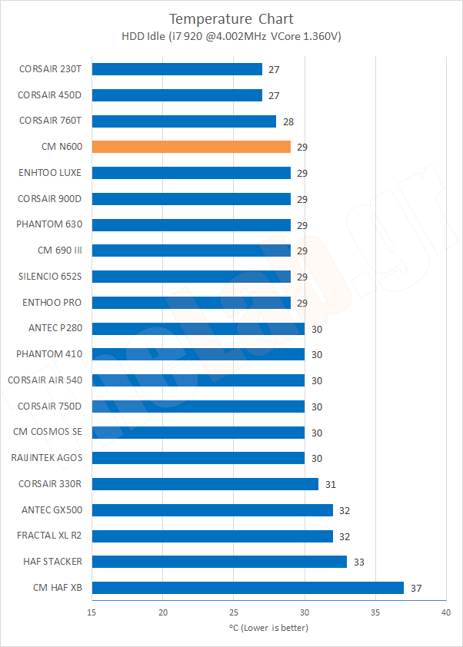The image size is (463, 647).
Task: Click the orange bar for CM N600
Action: (192, 147)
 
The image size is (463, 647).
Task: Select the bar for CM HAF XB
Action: (248, 588)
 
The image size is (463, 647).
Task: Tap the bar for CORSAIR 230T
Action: (177, 69)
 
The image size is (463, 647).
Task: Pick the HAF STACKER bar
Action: (219, 562)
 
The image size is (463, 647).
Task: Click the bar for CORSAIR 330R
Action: (205, 484)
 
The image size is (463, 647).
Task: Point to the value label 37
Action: (417, 589)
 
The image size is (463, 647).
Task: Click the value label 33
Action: (359, 562)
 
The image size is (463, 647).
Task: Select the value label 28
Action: (288, 121)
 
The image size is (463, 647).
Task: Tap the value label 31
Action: (331, 485)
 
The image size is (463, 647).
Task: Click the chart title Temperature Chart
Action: (231, 18)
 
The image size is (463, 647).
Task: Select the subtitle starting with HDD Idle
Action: (231, 37)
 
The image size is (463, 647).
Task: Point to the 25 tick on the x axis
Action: (234, 612)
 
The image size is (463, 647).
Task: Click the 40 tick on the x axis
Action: (445, 612)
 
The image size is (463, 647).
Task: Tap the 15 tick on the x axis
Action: (92, 612)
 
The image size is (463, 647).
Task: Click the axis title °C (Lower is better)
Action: (268, 628)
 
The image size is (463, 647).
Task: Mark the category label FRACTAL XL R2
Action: (50, 536)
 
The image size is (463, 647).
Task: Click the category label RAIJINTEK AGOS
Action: (47, 458)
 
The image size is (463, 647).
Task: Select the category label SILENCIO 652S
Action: (50, 277)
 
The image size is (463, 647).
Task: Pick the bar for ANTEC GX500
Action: (212, 510)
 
